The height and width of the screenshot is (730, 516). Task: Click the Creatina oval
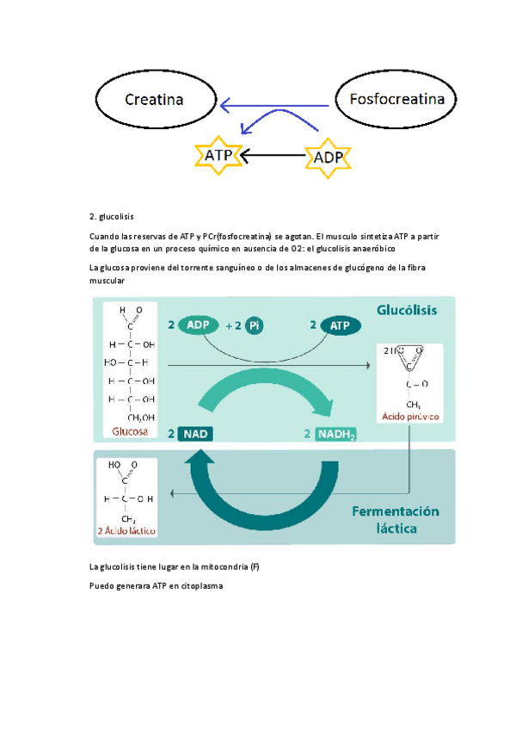click(155, 100)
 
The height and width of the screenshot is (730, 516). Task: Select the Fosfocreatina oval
click(396, 100)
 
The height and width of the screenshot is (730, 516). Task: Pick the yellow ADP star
click(326, 158)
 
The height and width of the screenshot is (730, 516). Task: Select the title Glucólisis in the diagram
click(407, 310)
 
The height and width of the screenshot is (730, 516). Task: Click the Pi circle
click(254, 325)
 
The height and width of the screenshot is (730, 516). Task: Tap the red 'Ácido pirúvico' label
click(410, 418)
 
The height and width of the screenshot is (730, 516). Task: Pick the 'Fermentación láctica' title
click(395, 520)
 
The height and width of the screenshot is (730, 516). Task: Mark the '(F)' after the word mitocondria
click(255, 567)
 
